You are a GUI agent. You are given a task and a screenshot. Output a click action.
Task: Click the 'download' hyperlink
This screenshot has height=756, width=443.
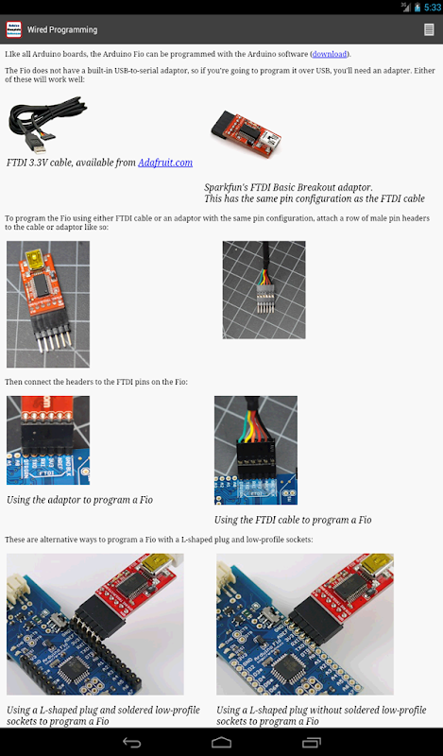coord(330,54)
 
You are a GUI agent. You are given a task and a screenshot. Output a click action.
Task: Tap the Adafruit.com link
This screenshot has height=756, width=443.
coord(165,163)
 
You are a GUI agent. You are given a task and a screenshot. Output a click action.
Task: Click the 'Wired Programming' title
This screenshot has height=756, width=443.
coord(62,29)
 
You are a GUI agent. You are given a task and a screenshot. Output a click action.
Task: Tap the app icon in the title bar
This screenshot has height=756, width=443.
coord(13,29)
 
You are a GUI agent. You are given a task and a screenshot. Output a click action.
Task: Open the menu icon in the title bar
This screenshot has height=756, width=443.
coord(429,29)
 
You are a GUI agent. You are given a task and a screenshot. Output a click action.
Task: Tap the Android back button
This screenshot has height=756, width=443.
coord(131,742)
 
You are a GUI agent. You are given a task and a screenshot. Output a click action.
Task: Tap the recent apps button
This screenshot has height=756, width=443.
coord(312,742)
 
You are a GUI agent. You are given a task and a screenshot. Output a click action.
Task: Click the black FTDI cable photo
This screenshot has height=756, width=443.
coord(47,125)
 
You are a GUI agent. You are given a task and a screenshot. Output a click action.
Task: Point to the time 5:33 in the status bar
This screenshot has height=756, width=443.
coord(433,8)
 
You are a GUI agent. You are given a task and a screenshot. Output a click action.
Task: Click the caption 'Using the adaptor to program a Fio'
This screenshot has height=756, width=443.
coord(79,500)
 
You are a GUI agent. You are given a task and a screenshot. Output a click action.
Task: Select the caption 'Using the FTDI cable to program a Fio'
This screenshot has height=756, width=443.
coord(293,520)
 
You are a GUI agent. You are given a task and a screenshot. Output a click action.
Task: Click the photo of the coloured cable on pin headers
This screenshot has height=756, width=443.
coord(264,290)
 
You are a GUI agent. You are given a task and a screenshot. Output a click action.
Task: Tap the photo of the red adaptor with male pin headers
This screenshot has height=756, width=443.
coord(48,304)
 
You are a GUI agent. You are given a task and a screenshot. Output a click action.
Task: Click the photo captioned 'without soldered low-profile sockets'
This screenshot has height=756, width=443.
coord(305,624)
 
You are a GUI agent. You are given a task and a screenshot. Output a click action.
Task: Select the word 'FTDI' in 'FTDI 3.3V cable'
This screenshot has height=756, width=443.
coord(17,163)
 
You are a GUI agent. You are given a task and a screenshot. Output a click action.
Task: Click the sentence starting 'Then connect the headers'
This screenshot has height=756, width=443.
coord(96,382)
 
